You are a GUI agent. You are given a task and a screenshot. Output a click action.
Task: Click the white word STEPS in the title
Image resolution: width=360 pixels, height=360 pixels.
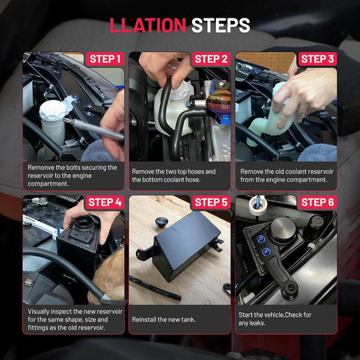pos(221,26)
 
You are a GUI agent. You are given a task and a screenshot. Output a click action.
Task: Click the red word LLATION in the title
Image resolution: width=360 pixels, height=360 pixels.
pos(148,26)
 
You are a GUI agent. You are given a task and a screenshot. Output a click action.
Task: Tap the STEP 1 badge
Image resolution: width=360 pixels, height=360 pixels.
pos(105,59)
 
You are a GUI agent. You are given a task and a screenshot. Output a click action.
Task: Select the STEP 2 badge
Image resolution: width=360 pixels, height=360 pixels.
pos(211,59)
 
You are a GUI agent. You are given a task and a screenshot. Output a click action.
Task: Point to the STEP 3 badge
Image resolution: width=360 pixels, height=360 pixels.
pos(318,59)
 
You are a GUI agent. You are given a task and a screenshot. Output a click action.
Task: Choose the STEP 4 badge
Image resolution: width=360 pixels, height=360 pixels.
pos(105,202)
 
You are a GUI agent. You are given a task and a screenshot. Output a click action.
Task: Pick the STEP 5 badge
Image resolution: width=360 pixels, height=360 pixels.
pos(211,202)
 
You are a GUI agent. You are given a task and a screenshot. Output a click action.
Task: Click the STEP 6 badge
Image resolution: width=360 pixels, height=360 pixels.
pos(318,202)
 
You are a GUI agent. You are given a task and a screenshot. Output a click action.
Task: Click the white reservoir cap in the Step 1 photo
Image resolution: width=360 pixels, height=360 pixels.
pos(53,110)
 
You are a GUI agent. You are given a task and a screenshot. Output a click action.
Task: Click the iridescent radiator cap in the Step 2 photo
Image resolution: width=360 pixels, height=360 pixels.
pos(218,102)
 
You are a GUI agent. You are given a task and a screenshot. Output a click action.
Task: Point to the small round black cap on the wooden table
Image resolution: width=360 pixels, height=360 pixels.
pos(162,222)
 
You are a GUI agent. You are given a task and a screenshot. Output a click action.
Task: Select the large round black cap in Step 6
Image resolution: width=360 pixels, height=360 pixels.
pos(283,230)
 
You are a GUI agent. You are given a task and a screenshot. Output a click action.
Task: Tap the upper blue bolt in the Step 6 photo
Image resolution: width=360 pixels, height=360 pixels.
pos(260,239)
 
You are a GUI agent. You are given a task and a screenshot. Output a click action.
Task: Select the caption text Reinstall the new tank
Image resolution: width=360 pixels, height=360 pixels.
pos(164,319)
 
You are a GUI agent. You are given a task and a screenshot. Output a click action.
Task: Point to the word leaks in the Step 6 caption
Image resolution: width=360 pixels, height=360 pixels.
pos(258,323)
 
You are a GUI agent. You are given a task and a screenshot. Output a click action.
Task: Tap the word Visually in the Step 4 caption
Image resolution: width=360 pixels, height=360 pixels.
pos(38,311)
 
